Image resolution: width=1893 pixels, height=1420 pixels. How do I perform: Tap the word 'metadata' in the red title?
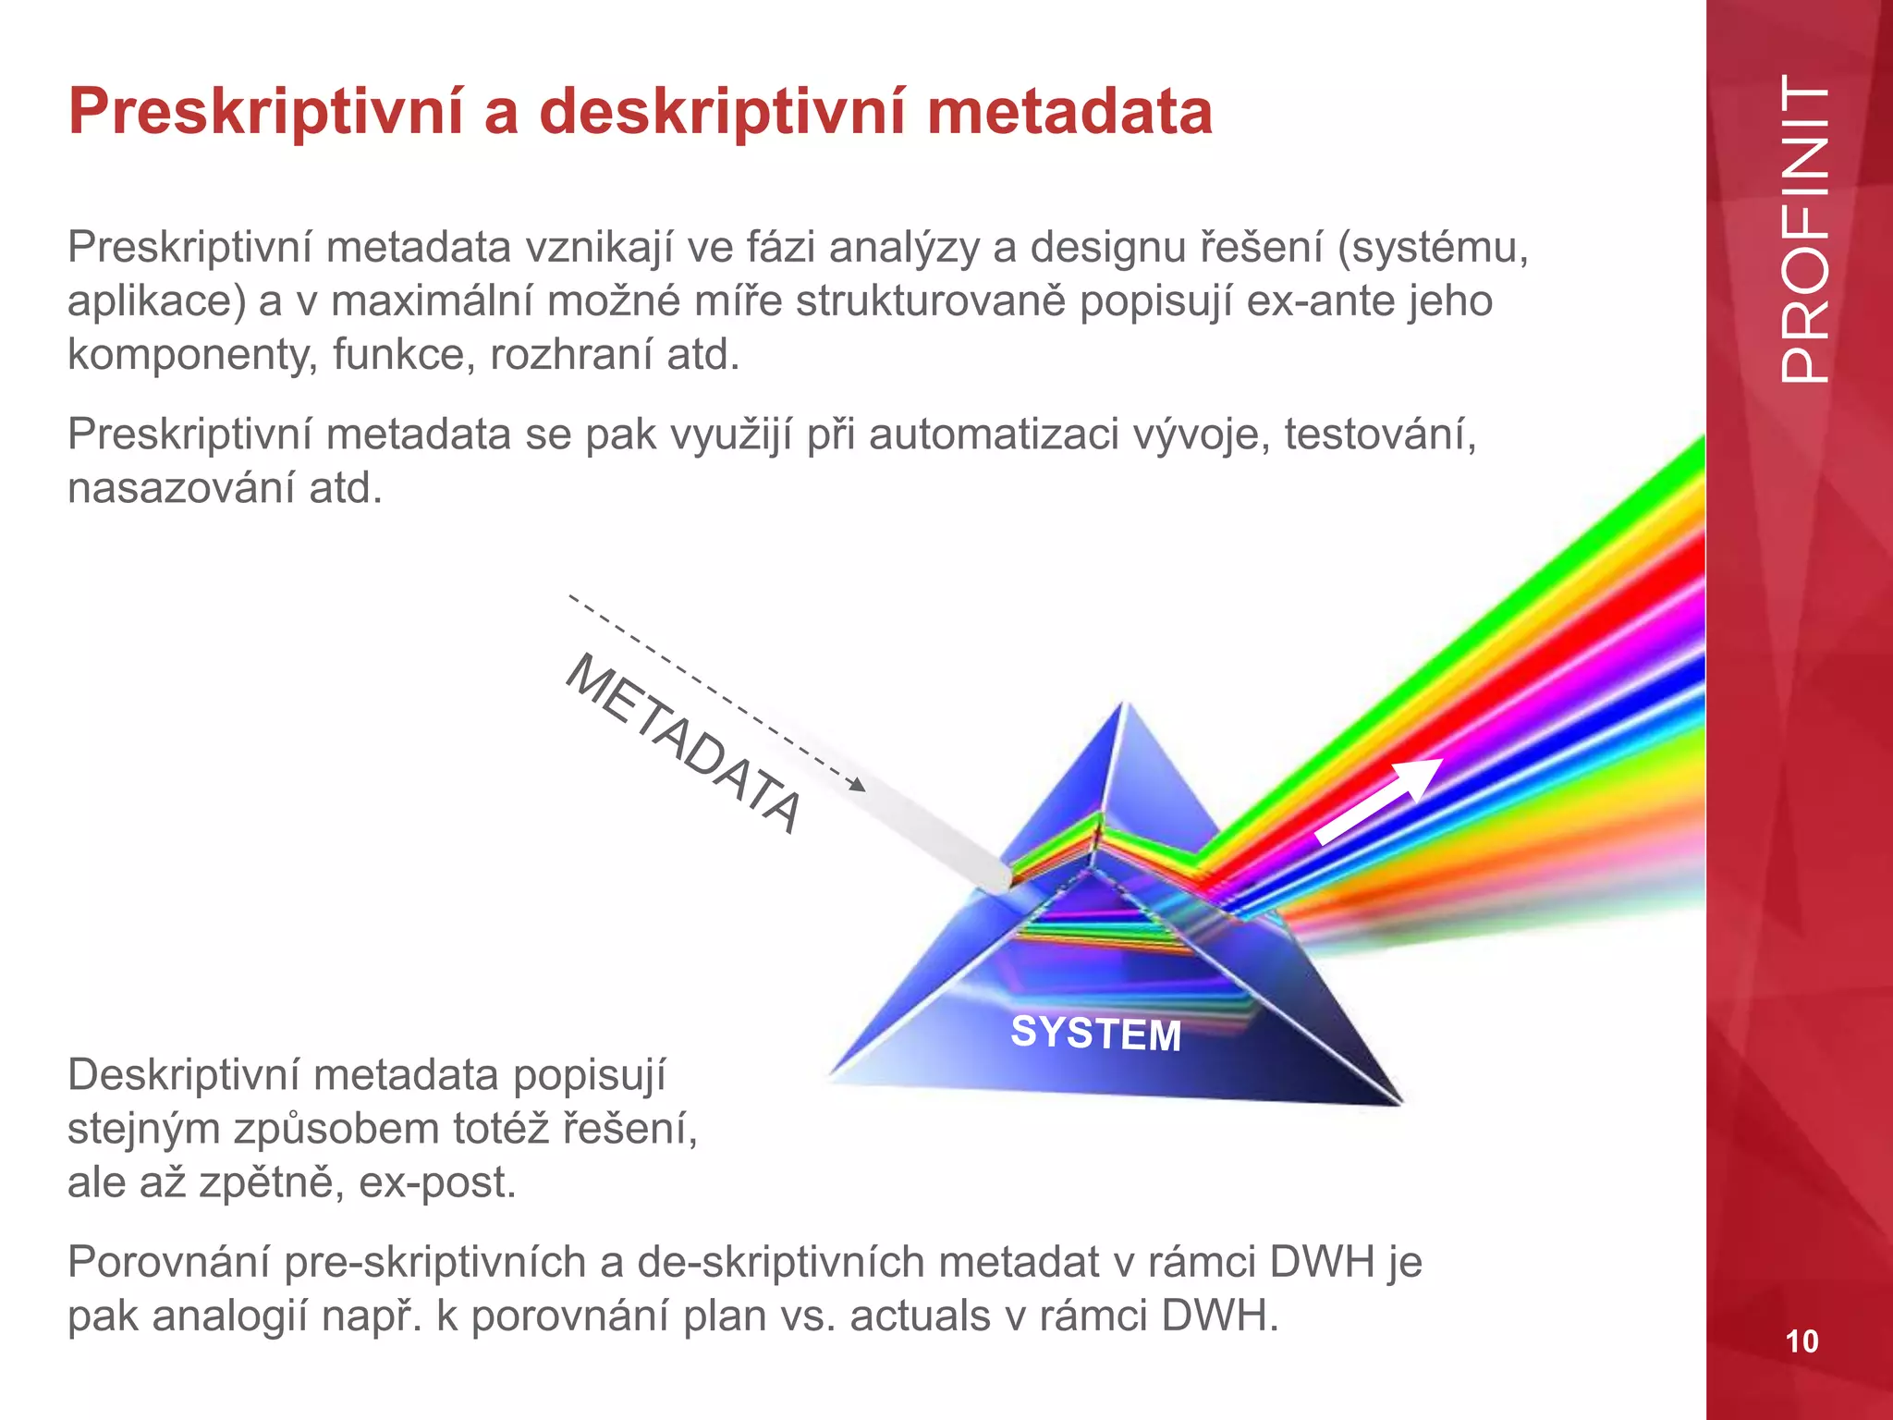(x=1069, y=113)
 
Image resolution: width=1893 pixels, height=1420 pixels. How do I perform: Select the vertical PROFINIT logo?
(x=1804, y=229)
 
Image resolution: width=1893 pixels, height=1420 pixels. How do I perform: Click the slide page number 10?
(x=1801, y=1340)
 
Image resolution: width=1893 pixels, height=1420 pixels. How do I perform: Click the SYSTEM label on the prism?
(x=1095, y=1034)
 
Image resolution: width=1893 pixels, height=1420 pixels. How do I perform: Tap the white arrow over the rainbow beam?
(x=1377, y=801)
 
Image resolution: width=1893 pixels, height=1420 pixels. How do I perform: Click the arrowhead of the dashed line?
(x=859, y=786)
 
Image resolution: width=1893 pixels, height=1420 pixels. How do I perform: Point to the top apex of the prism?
(x=1125, y=704)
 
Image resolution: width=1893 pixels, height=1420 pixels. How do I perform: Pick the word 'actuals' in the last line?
(x=920, y=1316)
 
